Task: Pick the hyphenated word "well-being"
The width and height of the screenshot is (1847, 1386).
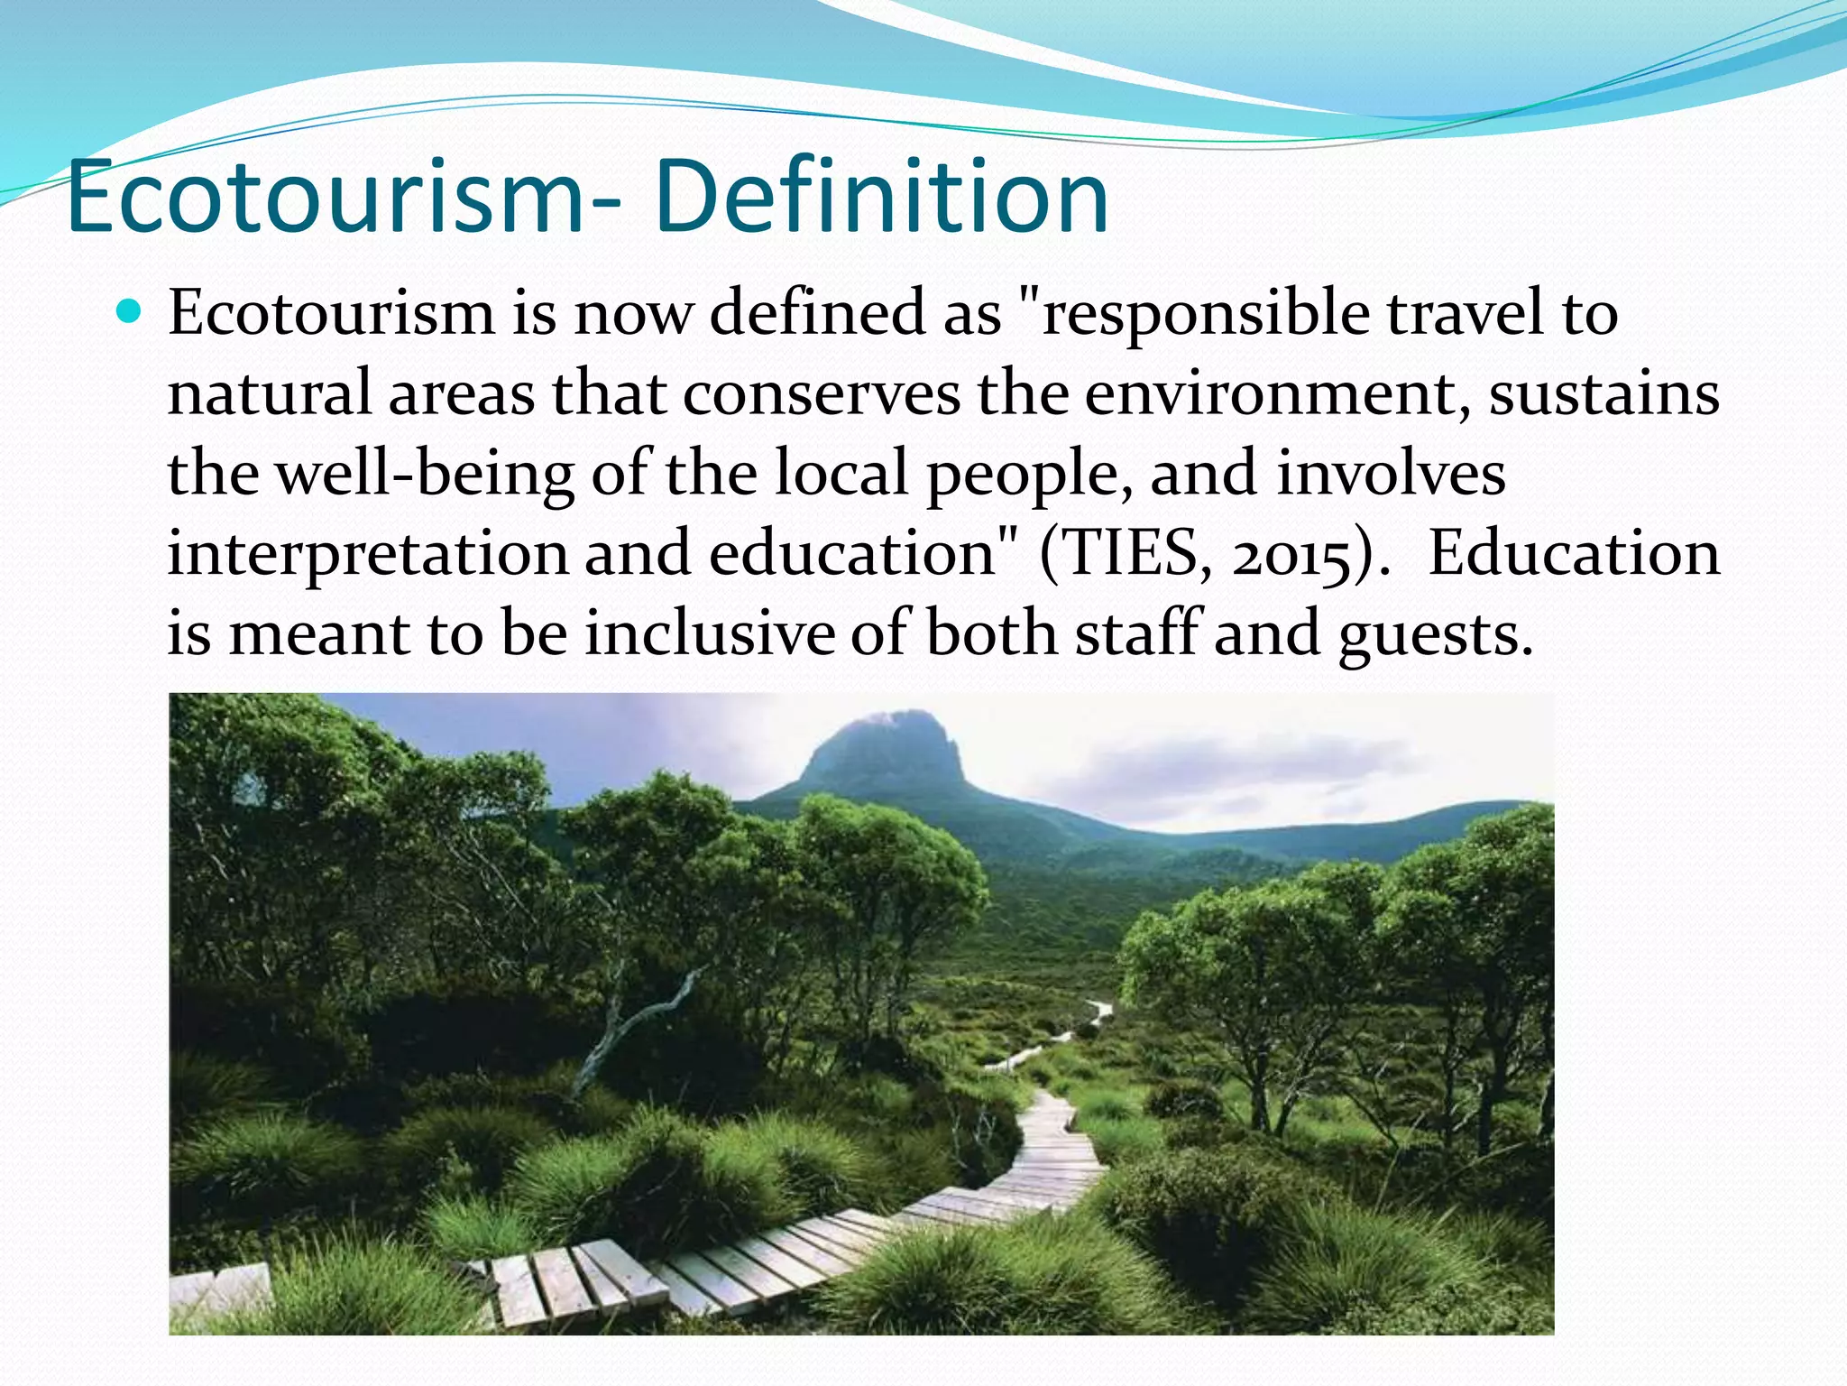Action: pos(425,474)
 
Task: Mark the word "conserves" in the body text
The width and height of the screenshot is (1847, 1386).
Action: pos(822,393)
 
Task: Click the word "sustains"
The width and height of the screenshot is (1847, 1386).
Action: pos(1603,393)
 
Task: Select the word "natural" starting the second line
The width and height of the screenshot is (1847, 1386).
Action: pos(270,393)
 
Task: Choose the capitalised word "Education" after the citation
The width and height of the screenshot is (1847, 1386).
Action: pos(1574,553)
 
